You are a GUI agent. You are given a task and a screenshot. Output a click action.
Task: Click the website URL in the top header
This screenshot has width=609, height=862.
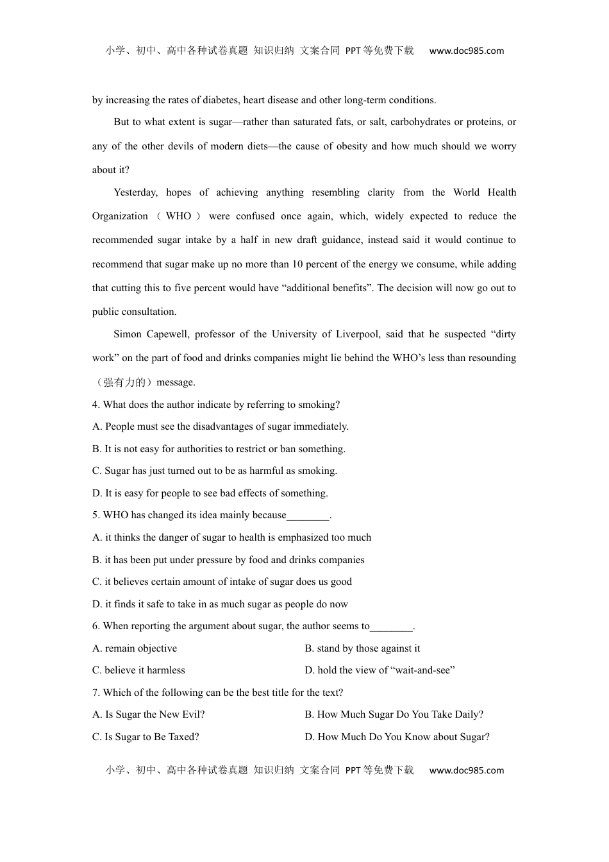click(466, 51)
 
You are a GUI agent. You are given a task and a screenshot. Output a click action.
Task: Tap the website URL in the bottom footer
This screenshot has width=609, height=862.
click(466, 771)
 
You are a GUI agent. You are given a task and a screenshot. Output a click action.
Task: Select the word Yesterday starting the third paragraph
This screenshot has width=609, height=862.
click(135, 192)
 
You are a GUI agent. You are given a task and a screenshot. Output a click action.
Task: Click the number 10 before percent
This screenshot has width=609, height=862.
click(298, 264)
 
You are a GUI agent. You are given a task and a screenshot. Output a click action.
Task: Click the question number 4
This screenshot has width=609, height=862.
click(96, 405)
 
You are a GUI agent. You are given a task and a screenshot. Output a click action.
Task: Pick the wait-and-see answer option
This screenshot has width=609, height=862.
click(380, 670)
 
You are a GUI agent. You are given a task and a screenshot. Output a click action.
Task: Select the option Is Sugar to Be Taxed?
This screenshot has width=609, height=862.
click(146, 737)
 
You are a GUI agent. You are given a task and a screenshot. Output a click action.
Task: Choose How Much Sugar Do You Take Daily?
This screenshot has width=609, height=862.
click(394, 714)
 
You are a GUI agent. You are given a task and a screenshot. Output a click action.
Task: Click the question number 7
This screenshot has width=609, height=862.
click(96, 693)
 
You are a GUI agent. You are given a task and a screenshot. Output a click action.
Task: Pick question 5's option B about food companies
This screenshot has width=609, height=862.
click(228, 560)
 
